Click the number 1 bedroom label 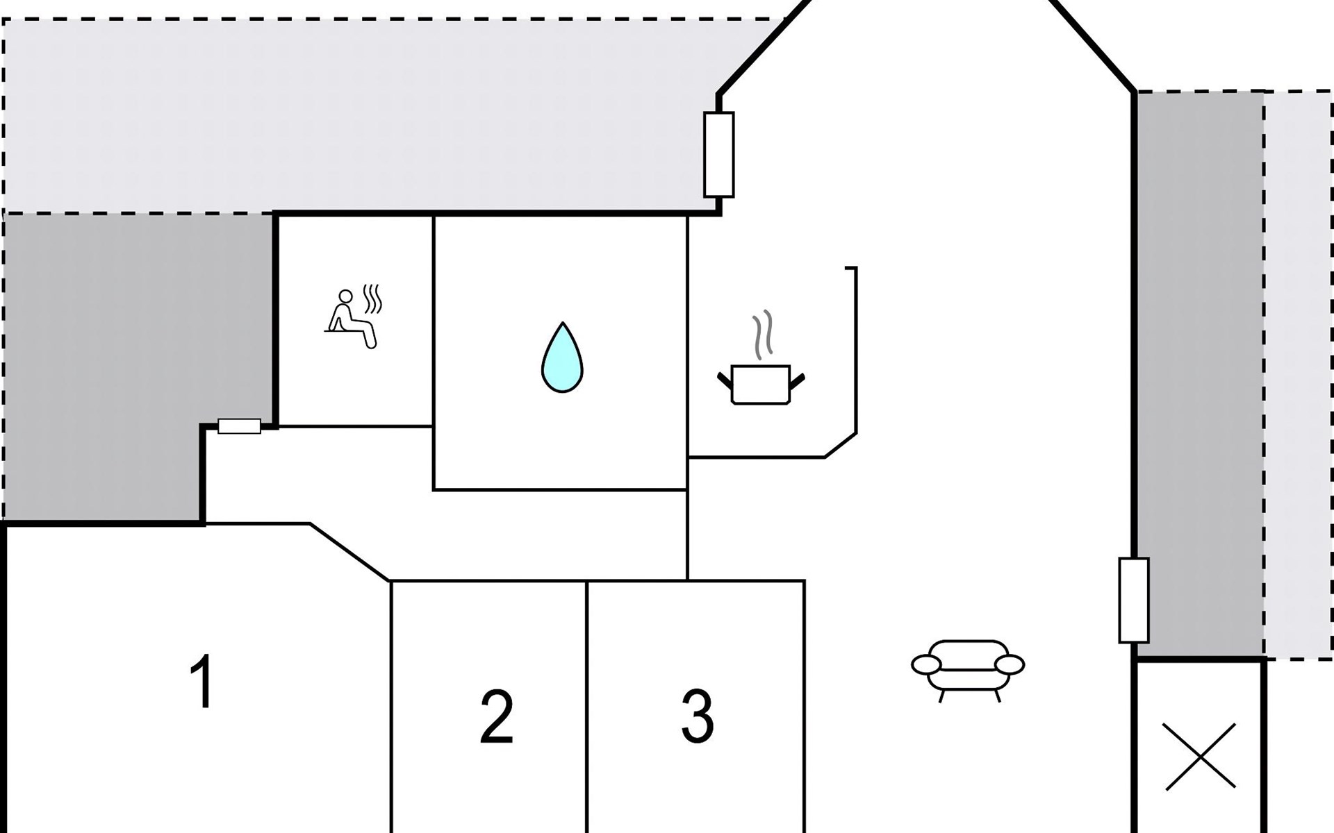(x=202, y=682)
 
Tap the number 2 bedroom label (x=496, y=716)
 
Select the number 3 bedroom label (x=697, y=715)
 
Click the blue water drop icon (x=562, y=358)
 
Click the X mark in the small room (x=1200, y=756)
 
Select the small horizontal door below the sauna (x=239, y=426)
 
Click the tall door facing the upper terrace (x=718, y=155)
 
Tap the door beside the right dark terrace (x=1133, y=600)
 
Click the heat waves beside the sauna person (x=374, y=298)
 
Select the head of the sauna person (x=345, y=296)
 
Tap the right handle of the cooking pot (x=797, y=380)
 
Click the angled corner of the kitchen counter (x=841, y=445)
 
